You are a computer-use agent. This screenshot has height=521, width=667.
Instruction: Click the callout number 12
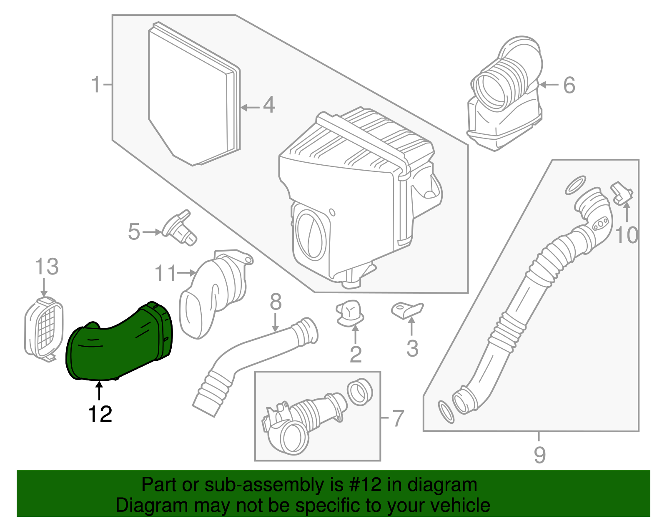(x=100, y=414)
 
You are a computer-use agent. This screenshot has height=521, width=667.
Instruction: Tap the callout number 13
(x=46, y=267)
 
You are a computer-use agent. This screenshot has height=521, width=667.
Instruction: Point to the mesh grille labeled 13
(x=44, y=327)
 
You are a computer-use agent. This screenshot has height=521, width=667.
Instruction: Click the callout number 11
(x=165, y=274)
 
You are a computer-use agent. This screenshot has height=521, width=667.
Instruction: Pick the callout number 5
(x=134, y=232)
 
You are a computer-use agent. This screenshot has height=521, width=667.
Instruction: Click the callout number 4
(x=269, y=105)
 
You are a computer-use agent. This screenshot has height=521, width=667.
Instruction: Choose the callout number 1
(x=96, y=85)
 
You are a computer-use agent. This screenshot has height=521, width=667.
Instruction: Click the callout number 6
(x=569, y=85)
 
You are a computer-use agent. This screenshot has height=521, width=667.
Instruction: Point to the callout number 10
(x=627, y=236)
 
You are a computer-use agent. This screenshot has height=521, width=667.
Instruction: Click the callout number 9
(x=539, y=455)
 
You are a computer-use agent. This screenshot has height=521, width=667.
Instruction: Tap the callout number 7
(x=399, y=418)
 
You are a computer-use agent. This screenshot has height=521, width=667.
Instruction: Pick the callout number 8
(x=276, y=302)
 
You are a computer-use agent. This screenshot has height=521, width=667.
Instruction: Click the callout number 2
(x=356, y=355)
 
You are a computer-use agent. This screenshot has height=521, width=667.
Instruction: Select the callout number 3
(x=412, y=349)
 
